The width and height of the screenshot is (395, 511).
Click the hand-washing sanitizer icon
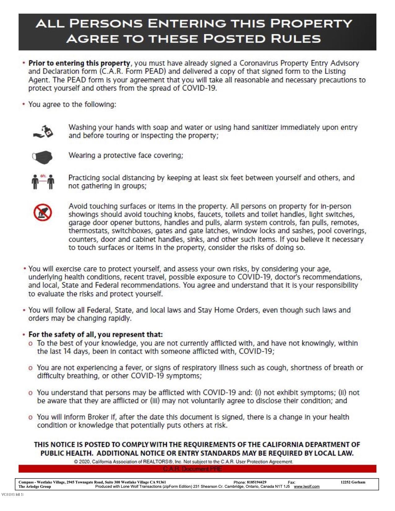point(43,131)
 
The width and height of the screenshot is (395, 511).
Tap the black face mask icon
point(42,157)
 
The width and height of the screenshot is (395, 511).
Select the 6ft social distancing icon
point(43,181)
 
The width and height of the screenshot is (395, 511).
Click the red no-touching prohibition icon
point(42,212)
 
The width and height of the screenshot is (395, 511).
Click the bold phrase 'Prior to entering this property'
point(79,63)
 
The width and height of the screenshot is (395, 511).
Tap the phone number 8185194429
point(254,482)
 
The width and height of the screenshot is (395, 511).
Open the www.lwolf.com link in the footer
point(306,487)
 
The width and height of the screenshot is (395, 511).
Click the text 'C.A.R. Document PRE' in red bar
point(192,469)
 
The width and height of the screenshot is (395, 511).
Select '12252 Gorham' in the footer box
point(353,482)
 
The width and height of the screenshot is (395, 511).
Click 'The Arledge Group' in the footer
point(35,487)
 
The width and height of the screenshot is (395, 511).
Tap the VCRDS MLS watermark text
point(12,494)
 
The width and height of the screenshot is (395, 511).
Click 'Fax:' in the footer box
point(292,483)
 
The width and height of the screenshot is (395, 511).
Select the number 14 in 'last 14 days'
point(67,352)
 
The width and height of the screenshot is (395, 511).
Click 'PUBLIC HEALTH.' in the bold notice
point(67,453)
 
